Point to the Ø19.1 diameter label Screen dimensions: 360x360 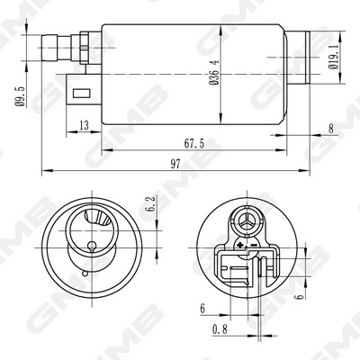tap(335, 53)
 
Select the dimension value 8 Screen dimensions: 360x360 tap(330, 128)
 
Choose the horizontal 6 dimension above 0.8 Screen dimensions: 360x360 tap(203, 308)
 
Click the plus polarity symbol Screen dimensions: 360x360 tap(240, 244)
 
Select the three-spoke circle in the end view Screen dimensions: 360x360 tap(247, 220)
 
